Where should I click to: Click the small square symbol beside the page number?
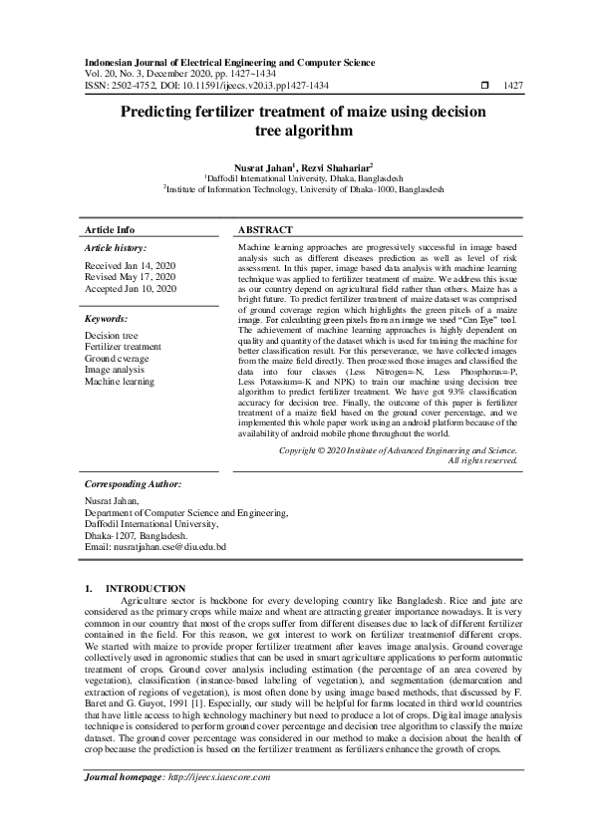tap(484, 87)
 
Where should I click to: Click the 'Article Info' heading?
tap(110, 229)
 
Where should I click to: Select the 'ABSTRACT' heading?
tap(265, 229)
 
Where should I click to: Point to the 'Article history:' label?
tap(116, 247)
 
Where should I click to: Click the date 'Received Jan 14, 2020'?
tap(131, 266)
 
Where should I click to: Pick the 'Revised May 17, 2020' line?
tap(130, 277)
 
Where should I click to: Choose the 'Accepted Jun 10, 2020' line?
tap(131, 288)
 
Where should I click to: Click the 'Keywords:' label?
tap(106, 318)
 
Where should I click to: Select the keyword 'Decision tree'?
tap(112, 337)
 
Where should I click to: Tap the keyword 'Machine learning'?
tap(120, 381)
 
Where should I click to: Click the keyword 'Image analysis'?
tap(116, 370)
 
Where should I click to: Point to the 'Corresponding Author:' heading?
tap(133, 483)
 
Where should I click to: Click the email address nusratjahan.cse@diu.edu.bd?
tap(170, 546)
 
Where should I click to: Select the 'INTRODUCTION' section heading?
tap(146, 589)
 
